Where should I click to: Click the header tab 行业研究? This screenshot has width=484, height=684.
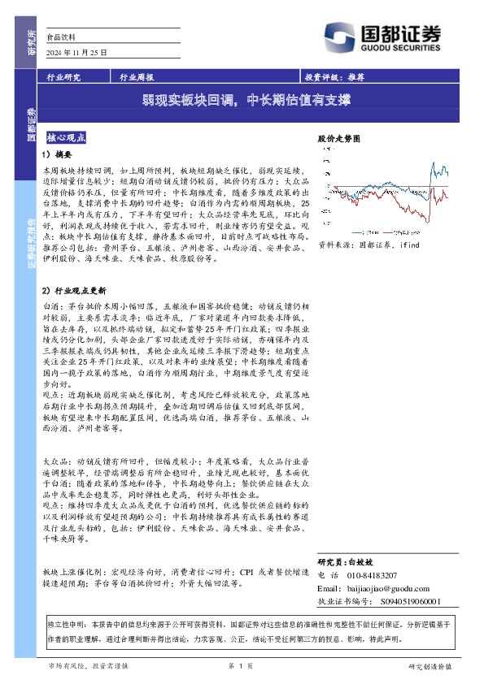pyautogui.click(x=63, y=79)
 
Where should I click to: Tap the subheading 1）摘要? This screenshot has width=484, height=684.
pyautogui.click(x=58, y=154)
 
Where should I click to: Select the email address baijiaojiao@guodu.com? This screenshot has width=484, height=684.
pyautogui.click(x=398, y=587)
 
